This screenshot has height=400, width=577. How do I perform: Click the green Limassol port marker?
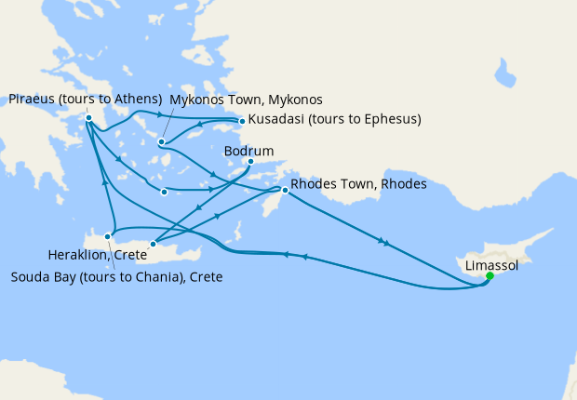pos(490,275)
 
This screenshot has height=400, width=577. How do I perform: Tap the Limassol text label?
pos(492,265)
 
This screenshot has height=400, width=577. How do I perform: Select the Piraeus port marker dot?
pos(87,118)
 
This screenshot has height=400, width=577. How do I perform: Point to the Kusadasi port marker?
pos(242,121)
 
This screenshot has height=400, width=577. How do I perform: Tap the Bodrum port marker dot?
pos(250,161)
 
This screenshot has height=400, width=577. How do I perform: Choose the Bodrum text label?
pos(248,149)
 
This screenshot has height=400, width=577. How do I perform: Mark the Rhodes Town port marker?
pos(285,191)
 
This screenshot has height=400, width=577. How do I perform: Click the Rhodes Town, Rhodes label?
pos(358,184)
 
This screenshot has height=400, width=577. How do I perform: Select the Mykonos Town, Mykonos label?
pos(246,100)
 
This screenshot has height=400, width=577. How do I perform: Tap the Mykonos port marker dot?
pos(162,142)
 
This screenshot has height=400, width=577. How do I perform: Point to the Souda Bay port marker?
pos(108,237)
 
